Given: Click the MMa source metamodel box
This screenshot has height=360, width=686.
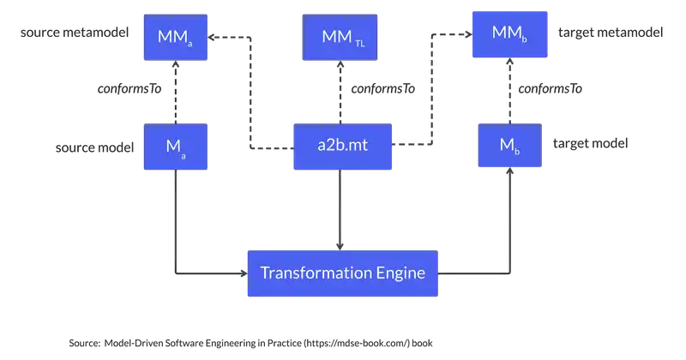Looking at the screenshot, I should pos(176,37).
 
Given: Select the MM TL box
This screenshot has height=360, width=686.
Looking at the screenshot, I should pos(341,37).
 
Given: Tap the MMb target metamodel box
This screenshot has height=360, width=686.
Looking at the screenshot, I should pos(508,34).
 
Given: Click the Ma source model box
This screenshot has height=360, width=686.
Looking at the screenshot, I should pos(176,146).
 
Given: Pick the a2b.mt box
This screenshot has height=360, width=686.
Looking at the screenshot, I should pos(341,146).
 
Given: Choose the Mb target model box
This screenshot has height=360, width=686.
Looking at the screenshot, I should pos(508,146).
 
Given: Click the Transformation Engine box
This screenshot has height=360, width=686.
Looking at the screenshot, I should pos(342,273).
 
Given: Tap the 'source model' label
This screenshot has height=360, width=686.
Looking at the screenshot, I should pos(95,147).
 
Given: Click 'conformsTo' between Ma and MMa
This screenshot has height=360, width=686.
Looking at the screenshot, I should pos(129,88).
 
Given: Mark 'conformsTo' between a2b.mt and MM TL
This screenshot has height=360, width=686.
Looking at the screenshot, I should pos(382,88).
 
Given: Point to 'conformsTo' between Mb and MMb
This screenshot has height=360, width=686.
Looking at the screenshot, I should pos(551,88).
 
